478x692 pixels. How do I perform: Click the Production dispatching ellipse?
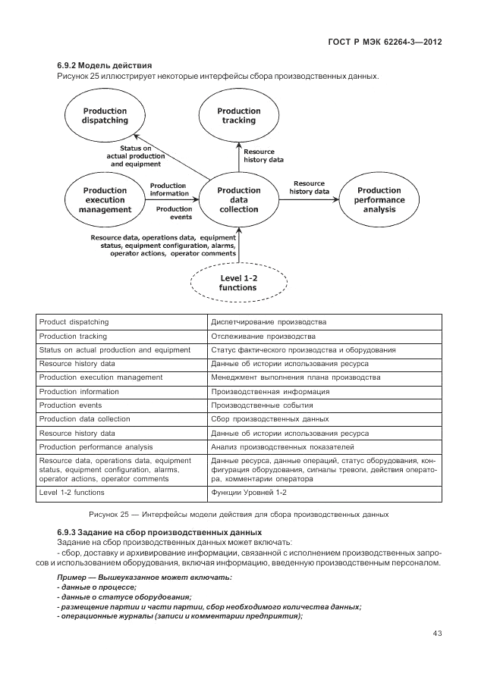pos(105,115)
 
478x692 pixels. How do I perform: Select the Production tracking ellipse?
pos(239,115)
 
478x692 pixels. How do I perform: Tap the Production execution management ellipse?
pos(105,199)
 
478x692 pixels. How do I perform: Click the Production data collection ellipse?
pos(239,200)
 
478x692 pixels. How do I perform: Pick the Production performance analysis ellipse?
pos(379,200)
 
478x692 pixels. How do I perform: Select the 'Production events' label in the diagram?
pos(174,213)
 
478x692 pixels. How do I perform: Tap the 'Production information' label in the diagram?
pos(168,189)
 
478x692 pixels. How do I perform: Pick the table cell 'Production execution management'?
pos(101,377)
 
